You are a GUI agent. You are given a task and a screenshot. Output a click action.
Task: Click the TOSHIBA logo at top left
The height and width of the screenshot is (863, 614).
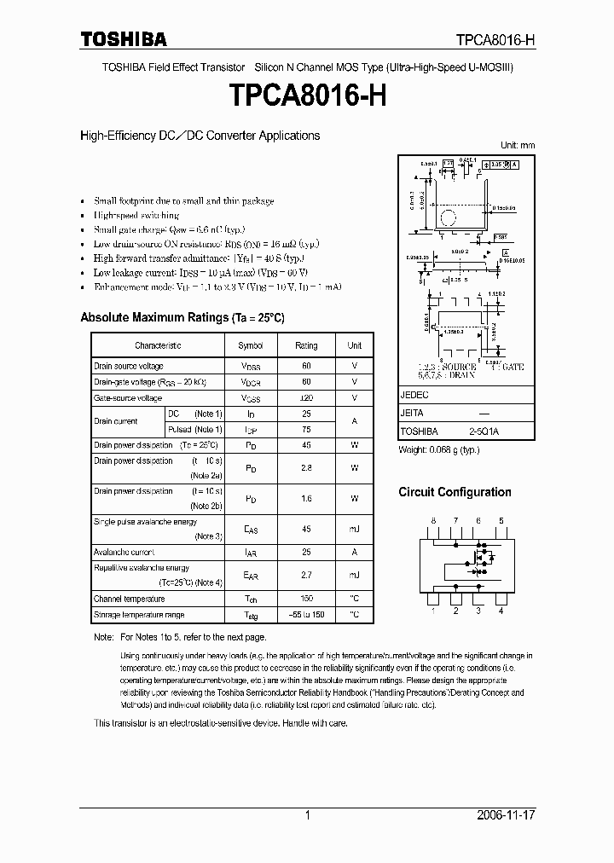[x=124, y=39]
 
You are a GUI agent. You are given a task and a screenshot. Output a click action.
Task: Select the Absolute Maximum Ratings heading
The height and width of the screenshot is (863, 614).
[x=182, y=317]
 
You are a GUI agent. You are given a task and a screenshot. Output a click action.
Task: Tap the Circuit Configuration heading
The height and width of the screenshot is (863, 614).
[x=455, y=492]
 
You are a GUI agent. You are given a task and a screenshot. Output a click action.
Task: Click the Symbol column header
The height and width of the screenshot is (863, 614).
[x=251, y=345]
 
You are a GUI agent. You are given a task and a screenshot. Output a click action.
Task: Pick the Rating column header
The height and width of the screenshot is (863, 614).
[x=306, y=345]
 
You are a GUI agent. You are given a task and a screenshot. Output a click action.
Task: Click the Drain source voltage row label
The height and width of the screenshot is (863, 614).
[x=129, y=366]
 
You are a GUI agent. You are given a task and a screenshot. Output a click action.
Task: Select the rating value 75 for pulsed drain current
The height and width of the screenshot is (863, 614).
[x=306, y=430]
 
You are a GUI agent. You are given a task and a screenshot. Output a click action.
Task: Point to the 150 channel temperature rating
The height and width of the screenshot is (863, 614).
[x=306, y=599]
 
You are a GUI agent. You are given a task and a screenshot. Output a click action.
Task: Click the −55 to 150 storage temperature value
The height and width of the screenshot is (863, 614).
[x=306, y=615]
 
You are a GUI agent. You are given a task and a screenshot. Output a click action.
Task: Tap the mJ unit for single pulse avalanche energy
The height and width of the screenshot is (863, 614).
[x=354, y=530]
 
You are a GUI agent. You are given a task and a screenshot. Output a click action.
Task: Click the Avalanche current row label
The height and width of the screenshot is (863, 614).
[x=125, y=553]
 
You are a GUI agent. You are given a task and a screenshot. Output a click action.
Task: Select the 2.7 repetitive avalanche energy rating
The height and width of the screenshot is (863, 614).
[x=306, y=576]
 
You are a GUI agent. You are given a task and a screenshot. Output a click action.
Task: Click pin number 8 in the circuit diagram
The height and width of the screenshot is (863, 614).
[x=433, y=520]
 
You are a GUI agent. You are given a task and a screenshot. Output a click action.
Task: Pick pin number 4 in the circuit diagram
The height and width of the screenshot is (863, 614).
[x=501, y=611]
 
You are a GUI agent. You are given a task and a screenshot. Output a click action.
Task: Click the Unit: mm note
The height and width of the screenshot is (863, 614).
[x=517, y=146]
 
